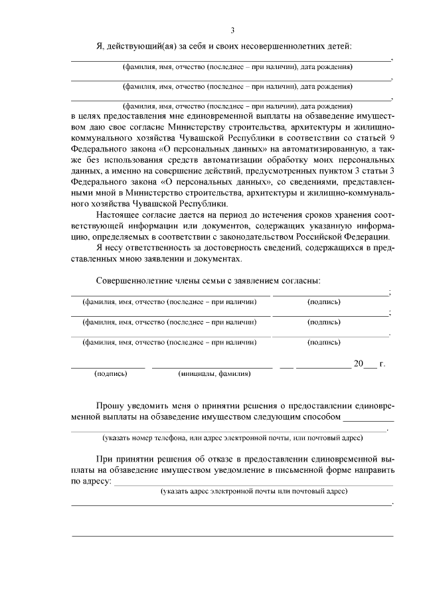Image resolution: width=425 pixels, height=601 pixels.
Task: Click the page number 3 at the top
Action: pyautogui.click(x=232, y=30)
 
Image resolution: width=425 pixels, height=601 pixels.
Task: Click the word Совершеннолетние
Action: pyautogui.click(x=137, y=282)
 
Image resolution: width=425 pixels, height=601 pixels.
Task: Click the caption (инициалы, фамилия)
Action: pyautogui.click(x=214, y=374)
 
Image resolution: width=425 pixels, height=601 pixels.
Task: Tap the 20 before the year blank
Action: pyautogui.click(x=359, y=363)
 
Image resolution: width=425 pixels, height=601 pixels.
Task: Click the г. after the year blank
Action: pyautogui.click(x=382, y=363)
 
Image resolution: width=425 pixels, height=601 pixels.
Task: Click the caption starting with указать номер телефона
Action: pyautogui.click(x=231, y=438)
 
